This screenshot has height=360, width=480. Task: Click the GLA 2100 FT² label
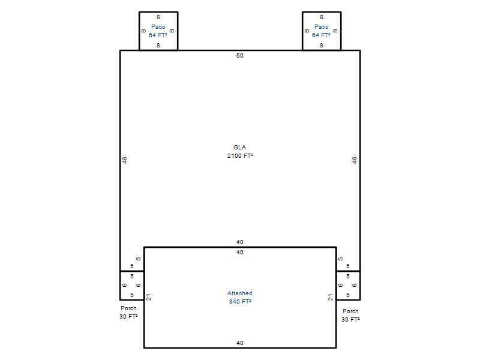240,152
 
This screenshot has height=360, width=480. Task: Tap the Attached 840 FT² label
240,297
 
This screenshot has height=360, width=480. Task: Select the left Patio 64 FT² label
158,31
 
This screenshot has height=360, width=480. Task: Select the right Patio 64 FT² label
321,31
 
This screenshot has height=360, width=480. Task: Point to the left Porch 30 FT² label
128,312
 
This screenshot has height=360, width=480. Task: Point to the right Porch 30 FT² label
350,315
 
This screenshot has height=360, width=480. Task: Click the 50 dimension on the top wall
240,55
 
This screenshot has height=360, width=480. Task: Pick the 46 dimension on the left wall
125,160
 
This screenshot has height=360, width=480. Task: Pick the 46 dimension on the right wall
355,160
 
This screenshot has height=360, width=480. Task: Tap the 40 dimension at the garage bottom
240,343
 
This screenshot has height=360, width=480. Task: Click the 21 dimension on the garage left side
149,297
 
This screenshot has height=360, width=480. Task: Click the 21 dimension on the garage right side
331,297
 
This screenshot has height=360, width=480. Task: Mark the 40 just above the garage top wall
240,242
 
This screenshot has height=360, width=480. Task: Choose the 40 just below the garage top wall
240,252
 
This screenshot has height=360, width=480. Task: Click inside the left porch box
132,286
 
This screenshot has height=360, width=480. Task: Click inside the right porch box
348,286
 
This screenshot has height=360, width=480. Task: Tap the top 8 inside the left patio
158,17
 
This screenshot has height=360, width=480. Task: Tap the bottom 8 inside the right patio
322,46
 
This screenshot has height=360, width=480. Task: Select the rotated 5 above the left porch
139,259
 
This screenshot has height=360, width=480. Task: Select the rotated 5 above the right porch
341,259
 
